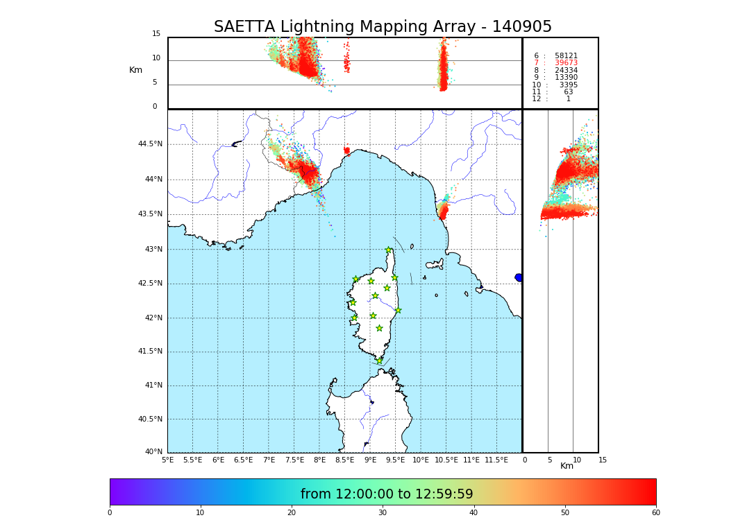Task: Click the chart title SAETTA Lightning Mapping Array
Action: [383, 27]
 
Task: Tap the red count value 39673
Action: [566, 63]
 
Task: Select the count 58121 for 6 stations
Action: [566, 56]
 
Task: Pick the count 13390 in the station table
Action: [566, 78]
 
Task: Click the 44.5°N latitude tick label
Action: [149, 144]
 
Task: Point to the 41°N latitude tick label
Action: [152, 385]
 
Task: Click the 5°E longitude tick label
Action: [167, 460]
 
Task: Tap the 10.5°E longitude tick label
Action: [446, 460]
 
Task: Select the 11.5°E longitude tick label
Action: [496, 460]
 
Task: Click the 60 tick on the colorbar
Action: [655, 513]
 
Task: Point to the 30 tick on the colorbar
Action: [383, 513]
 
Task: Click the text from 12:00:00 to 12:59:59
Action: [387, 494]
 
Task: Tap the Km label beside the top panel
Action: [135, 70]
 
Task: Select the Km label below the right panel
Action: [567, 466]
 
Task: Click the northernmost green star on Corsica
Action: [389, 250]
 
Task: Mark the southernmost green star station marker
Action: [379, 361]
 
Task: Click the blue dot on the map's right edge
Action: [519, 277]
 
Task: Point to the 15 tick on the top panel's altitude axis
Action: [156, 34]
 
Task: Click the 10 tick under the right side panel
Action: [577, 460]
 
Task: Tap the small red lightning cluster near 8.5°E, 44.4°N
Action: [346, 150]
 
